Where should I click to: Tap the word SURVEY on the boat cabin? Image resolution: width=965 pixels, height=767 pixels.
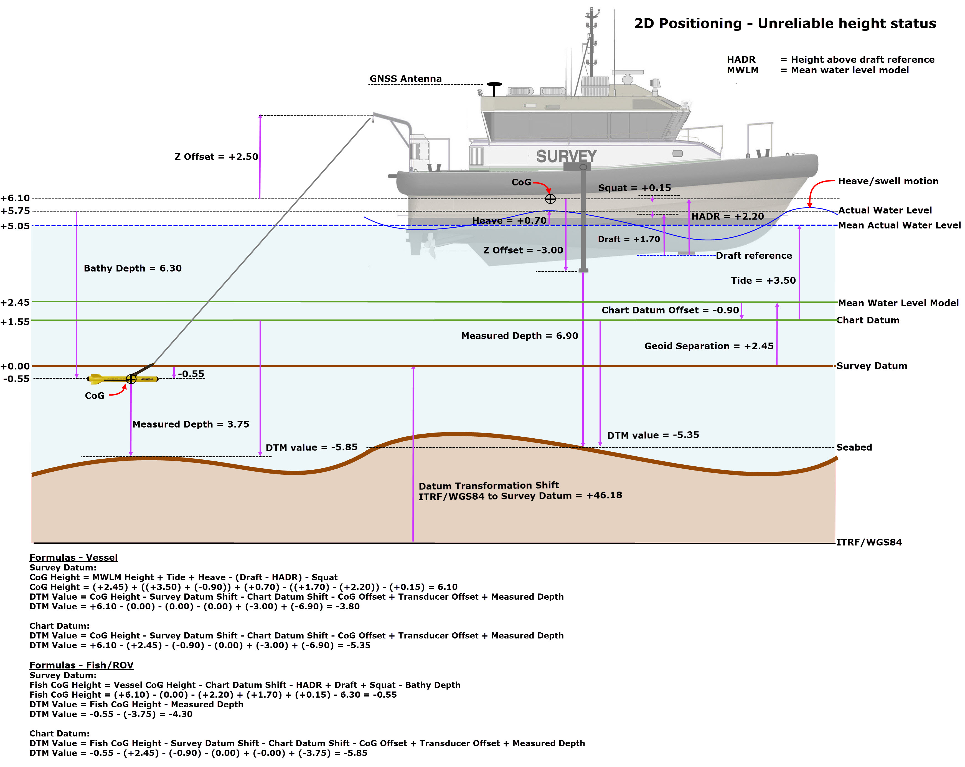coord(567,156)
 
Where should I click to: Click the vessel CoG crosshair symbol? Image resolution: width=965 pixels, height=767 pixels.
coord(550,199)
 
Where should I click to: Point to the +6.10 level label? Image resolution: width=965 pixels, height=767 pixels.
coord(15,198)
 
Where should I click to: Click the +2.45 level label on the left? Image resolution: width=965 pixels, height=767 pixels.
coord(15,302)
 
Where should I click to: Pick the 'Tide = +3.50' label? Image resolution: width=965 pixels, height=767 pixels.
coord(763,280)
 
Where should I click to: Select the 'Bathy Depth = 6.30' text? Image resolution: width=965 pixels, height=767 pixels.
coord(133,268)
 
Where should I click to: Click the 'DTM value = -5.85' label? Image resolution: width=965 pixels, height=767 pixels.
coord(311,447)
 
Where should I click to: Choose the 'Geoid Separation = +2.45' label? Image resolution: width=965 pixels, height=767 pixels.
coord(708,346)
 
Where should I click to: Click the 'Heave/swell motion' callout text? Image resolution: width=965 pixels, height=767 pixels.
coord(888,181)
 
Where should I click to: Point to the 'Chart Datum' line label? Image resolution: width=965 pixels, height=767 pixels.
coord(868,320)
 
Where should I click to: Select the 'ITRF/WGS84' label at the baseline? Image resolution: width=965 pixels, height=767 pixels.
coord(869,542)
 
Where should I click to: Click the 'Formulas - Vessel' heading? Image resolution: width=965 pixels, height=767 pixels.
coord(73,557)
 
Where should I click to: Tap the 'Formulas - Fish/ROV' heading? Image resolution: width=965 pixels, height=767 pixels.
coord(82,665)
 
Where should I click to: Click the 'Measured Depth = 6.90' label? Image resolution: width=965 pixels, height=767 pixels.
coord(520,336)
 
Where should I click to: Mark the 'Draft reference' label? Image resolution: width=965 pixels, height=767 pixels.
coord(754,255)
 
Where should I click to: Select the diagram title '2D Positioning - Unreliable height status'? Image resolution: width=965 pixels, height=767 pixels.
coord(785,23)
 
